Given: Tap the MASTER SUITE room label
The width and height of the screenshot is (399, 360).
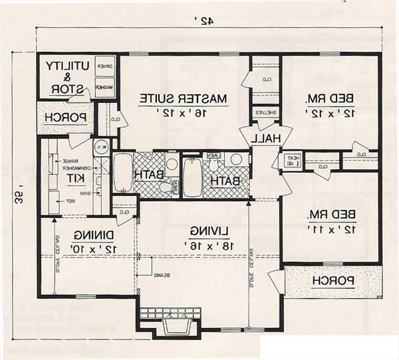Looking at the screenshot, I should tap(183, 98).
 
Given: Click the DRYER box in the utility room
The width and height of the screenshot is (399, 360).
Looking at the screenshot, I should tap(104, 66).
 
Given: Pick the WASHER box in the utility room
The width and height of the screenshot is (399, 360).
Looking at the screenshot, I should tap(104, 87).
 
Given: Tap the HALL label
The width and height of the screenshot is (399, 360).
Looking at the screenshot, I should tap(265, 137).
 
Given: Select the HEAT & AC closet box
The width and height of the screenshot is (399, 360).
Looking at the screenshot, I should tap(291, 161).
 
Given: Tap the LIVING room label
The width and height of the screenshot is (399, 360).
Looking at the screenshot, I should tap(209, 230).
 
